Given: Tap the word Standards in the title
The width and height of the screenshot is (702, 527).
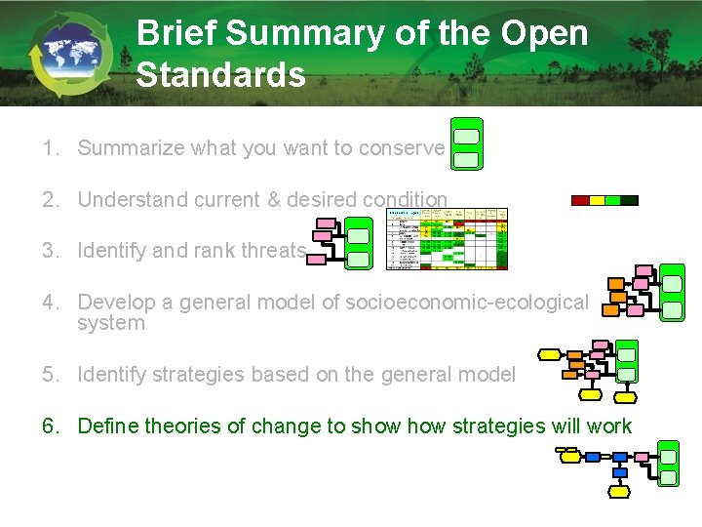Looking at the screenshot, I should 220,75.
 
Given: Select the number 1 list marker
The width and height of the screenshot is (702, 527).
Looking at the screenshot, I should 48,148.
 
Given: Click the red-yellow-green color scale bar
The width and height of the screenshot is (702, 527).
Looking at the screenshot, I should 604,200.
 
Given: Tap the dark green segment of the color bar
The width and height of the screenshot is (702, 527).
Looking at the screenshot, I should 629,200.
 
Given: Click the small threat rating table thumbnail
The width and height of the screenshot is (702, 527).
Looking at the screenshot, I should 448,238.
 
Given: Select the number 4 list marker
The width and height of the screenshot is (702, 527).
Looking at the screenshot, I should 48,303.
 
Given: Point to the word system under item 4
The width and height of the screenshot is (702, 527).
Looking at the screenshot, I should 110,323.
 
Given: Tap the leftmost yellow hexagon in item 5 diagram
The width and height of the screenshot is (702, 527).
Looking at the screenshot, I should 549,354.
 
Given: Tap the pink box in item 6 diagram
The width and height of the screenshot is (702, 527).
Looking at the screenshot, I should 642,456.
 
